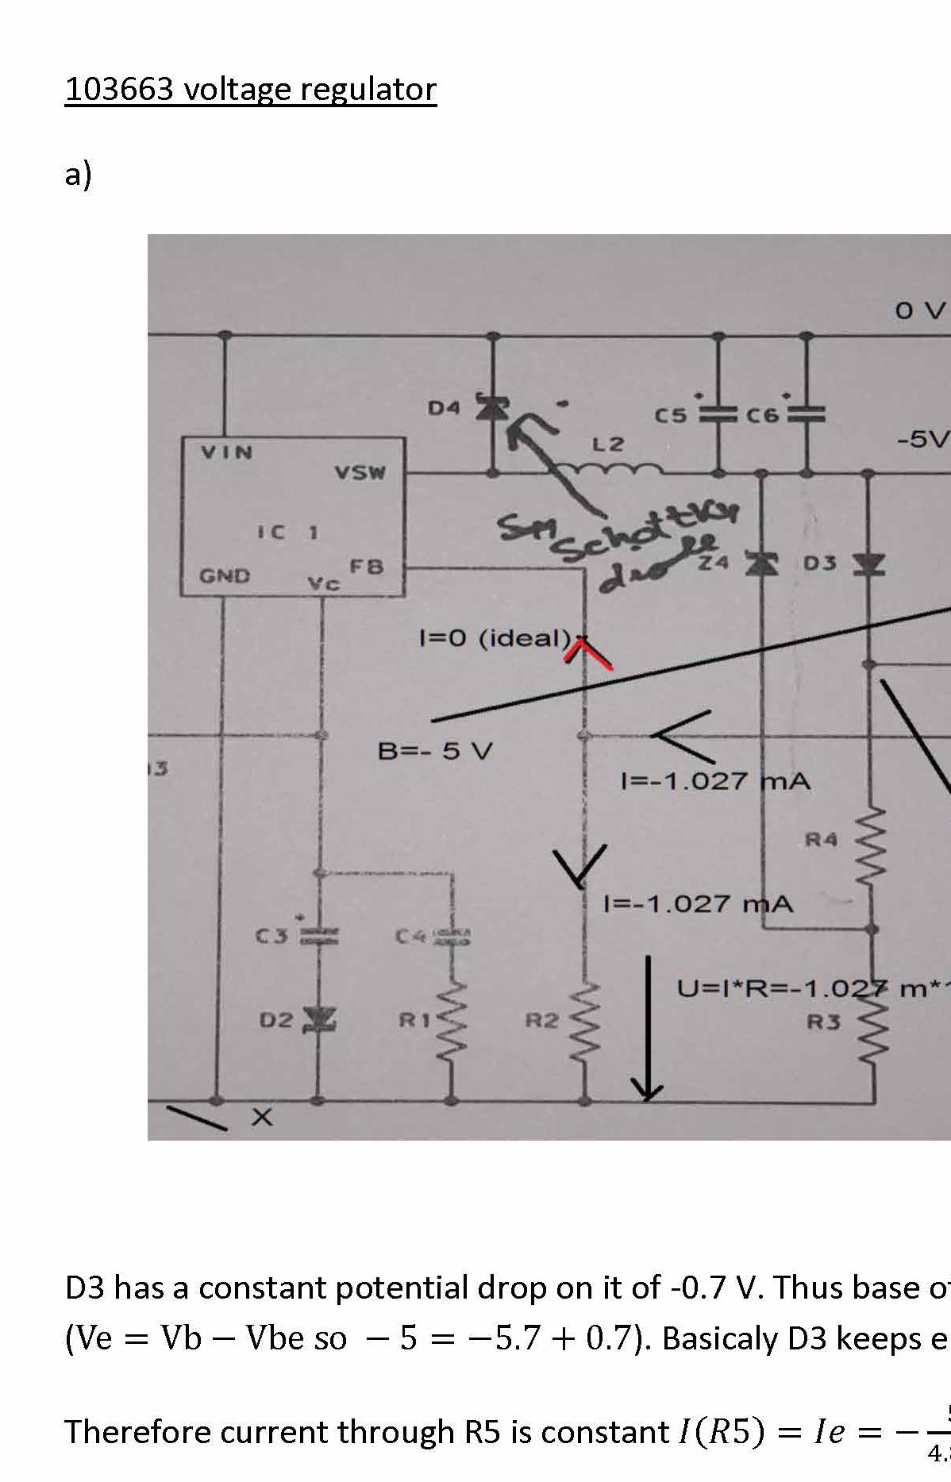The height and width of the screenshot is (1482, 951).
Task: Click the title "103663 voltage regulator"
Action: [x=250, y=89]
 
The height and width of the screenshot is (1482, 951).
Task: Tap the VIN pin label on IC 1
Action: [x=226, y=452]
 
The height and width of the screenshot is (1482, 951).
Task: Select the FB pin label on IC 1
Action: [x=368, y=567]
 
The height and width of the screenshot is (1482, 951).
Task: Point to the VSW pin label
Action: [x=360, y=473]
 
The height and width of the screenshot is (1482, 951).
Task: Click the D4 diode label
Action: [x=444, y=408]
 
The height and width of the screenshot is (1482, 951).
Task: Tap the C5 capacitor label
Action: [x=671, y=415]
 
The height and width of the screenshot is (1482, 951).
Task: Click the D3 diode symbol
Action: [x=868, y=564]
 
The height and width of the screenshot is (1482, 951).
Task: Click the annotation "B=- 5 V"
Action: [x=435, y=750]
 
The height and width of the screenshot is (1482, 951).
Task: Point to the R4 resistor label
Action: [x=822, y=838]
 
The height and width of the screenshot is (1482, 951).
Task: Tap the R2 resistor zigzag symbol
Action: [x=585, y=1024]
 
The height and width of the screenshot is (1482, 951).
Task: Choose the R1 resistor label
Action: [x=413, y=1020]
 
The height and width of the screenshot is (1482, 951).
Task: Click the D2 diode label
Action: [x=276, y=1019]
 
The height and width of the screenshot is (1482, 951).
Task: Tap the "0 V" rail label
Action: [x=921, y=311]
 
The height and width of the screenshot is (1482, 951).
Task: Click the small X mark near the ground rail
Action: [x=262, y=1118]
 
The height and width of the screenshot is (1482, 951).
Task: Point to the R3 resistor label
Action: [x=823, y=1022]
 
